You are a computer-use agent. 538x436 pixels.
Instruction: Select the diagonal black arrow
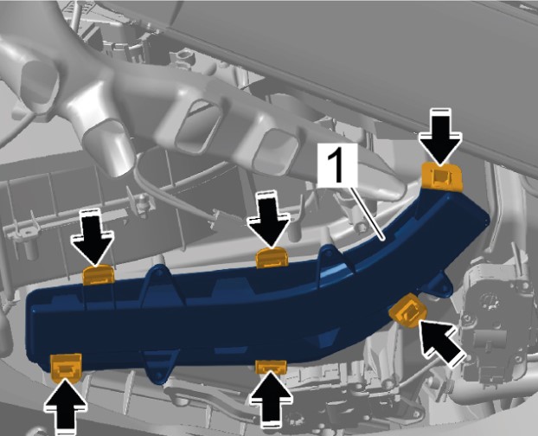pyautogui.click(x=442, y=343)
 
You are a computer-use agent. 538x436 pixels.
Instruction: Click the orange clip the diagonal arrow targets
pyautogui.click(x=409, y=311)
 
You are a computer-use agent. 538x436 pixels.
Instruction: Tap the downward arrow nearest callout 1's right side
pyautogui.click(x=440, y=138)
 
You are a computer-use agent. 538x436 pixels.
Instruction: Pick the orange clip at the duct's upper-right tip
pyautogui.click(x=442, y=176)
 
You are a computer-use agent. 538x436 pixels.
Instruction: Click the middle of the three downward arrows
pyautogui.click(x=269, y=221)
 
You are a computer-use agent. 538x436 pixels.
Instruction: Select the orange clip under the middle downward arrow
pyautogui.click(x=272, y=258)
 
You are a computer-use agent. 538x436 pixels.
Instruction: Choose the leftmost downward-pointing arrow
pyautogui.click(x=93, y=238)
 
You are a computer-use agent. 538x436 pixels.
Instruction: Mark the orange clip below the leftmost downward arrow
pyautogui.click(x=99, y=275)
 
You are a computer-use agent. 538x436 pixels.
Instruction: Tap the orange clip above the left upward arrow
pyautogui.click(x=66, y=369)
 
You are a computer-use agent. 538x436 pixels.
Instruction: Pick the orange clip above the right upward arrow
pyautogui.click(x=271, y=367)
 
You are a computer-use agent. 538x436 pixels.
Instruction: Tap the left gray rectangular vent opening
pyautogui.click(x=198, y=128)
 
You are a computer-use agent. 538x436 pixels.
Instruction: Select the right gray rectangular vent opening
pyautogui.click(x=277, y=150)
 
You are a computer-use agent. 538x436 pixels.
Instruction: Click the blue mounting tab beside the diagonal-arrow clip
pyautogui.click(x=439, y=285)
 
